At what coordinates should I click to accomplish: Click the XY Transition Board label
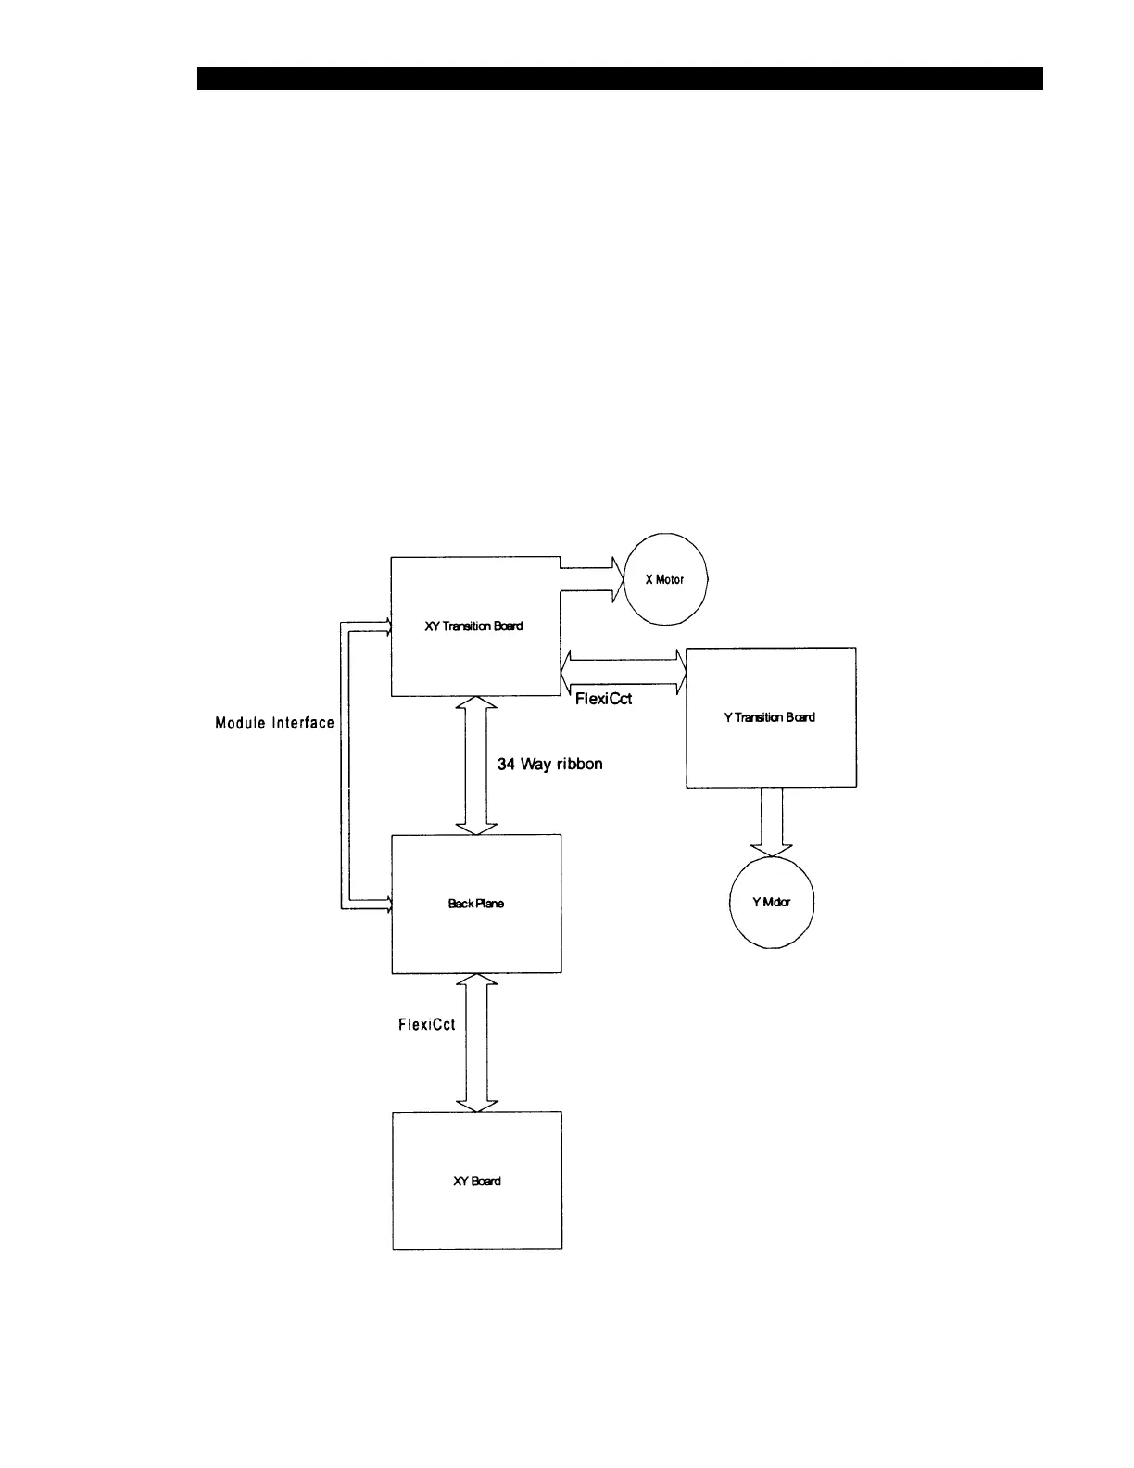[473, 626]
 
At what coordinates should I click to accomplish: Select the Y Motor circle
[772, 903]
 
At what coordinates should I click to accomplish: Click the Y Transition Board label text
[770, 717]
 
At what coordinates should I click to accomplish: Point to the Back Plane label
[476, 904]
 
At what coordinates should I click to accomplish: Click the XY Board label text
[477, 1182]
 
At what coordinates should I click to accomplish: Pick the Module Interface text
[275, 723]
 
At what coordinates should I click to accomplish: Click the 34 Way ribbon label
[550, 765]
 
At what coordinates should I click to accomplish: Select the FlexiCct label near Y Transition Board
[603, 699]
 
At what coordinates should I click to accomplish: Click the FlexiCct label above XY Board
[426, 1025]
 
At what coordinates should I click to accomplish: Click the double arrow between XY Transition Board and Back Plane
[476, 766]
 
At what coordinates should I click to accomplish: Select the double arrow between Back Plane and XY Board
[476, 1043]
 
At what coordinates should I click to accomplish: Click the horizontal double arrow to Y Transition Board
[624, 669]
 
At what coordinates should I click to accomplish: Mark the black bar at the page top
[620, 79]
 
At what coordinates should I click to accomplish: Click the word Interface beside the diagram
[302, 723]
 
